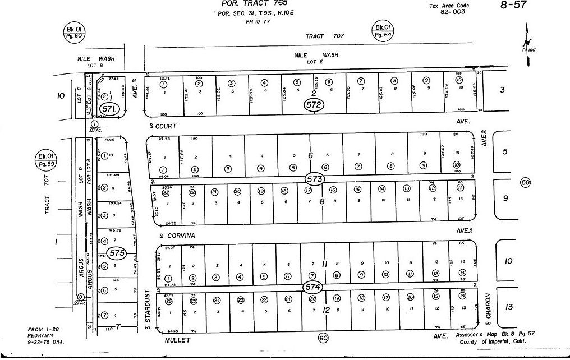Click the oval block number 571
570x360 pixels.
(109, 109)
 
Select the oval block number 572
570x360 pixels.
(313, 104)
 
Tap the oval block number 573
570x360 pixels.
(315, 179)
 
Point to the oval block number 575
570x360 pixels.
(117, 253)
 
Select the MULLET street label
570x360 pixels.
(178, 340)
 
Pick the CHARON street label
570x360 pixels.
(488, 307)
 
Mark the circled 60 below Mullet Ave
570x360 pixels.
(323, 338)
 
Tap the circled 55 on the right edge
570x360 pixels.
(525, 182)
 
